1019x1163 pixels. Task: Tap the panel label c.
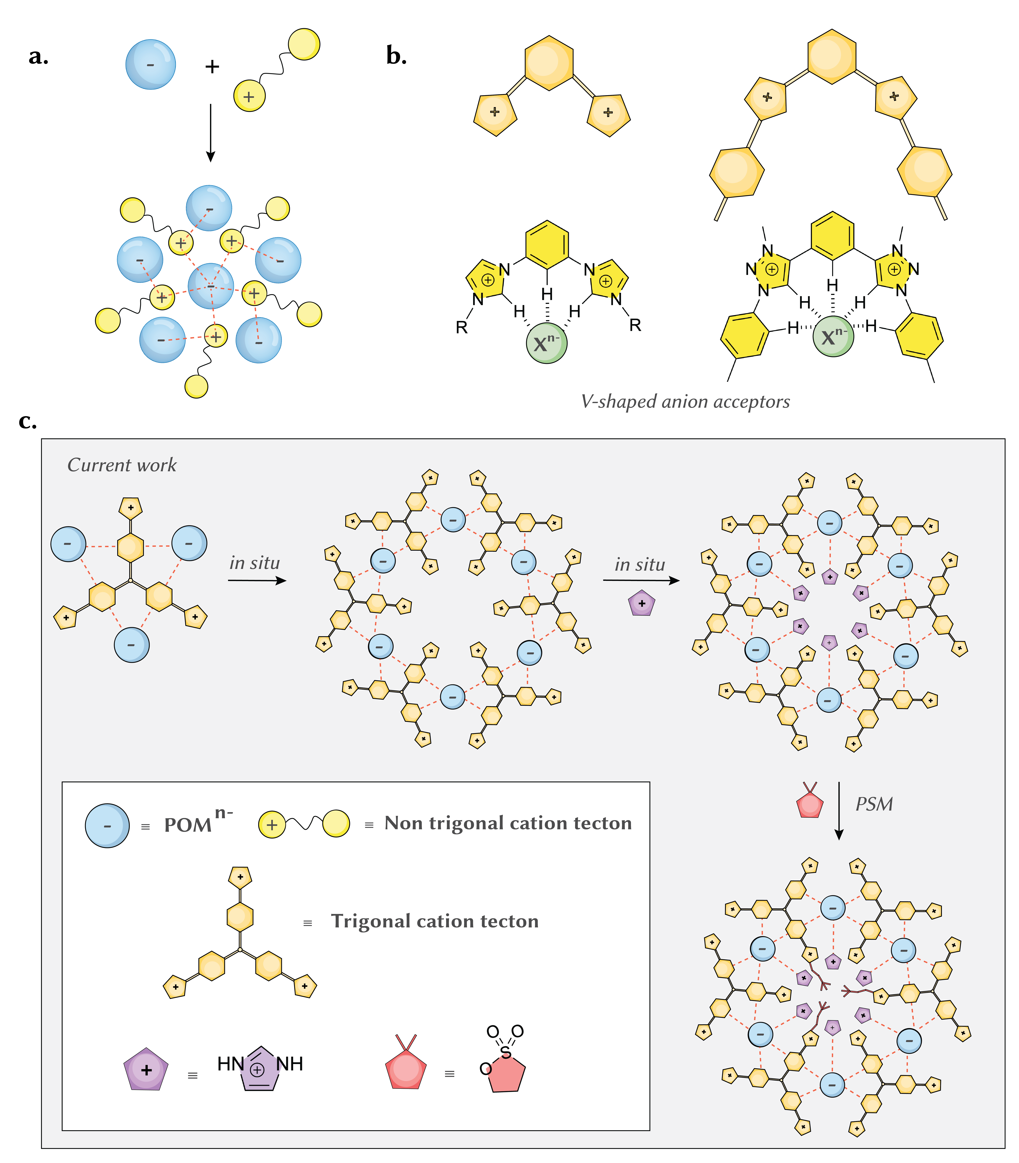tap(27, 421)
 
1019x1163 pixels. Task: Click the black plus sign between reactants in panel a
tap(212, 67)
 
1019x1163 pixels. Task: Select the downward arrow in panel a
tap(210, 133)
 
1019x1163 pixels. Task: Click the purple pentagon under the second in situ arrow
tap(642, 603)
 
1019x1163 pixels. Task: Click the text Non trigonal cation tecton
tap(508, 823)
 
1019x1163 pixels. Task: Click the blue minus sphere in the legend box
tap(108, 825)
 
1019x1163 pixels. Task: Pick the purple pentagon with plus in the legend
tap(146, 1069)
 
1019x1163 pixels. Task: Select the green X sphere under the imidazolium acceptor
tap(546, 343)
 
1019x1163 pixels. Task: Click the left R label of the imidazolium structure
tap(462, 327)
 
